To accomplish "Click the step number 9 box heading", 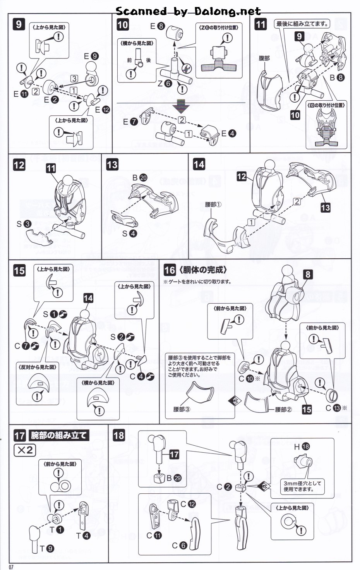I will tap(19, 24).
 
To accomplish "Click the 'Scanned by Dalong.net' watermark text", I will tap(188, 11).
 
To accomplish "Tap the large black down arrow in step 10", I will tap(181, 107).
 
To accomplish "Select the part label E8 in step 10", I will tap(158, 26).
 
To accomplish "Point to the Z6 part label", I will tap(164, 83).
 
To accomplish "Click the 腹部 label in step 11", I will tap(264, 58).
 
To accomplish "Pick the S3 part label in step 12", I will tap(23, 224).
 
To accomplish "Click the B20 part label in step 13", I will tap(139, 177).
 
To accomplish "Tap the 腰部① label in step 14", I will tap(213, 204).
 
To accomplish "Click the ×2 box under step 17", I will tap(25, 450).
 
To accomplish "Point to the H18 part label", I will tap(302, 446).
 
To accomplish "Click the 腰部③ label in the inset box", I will tap(182, 409).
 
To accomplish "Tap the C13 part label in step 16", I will tap(333, 408).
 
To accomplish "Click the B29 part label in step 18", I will tap(173, 478).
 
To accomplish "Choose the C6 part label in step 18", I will tap(179, 546).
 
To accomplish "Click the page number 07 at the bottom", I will tap(11, 567).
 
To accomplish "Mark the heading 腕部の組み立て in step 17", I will tap(58, 435).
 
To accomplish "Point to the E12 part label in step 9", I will tap(102, 110).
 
